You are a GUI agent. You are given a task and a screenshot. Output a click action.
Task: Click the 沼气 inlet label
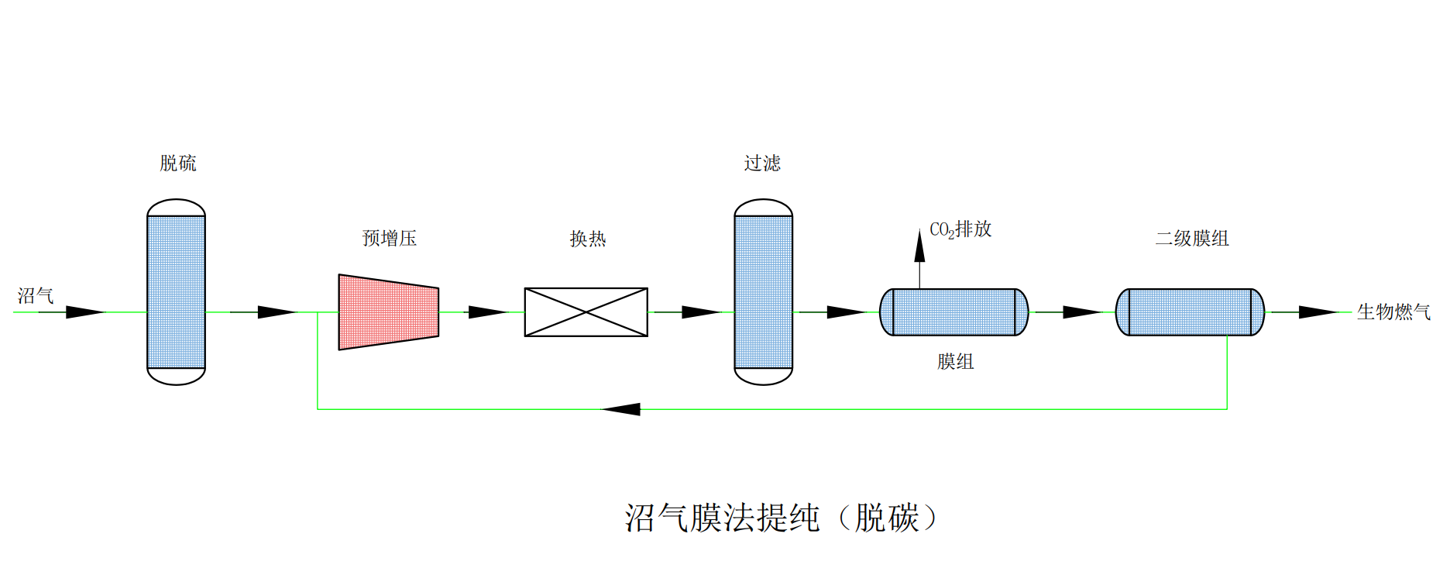pos(36,295)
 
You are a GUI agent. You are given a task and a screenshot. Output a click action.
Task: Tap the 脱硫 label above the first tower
pos(178,164)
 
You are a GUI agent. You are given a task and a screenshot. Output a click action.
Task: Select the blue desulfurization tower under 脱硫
pos(177,292)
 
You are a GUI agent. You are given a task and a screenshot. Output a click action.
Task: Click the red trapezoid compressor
pos(388,312)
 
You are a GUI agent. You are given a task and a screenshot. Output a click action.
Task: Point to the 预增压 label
pos(390,238)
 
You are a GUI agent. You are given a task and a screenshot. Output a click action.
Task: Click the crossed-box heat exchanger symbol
pos(586,312)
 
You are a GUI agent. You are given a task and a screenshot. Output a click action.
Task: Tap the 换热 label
pos(588,239)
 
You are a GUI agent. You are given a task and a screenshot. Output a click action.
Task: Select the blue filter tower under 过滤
pos(763,292)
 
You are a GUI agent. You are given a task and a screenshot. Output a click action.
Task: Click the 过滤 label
pos(762,164)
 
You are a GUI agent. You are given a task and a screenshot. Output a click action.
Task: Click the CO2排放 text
pos(960,229)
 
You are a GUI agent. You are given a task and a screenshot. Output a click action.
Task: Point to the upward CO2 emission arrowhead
pos(919,246)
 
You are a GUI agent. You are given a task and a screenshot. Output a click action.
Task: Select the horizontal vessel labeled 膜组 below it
pos(954,312)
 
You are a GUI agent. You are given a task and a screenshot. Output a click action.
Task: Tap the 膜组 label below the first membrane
pos(955,362)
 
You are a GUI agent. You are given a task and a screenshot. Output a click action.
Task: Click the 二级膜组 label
pos(1192,239)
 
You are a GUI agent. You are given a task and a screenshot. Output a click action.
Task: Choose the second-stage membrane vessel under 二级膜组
pos(1190,312)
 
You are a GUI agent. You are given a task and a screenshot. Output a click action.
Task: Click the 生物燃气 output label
pos(1393,312)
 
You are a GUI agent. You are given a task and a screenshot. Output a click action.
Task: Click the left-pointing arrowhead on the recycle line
pos(622,409)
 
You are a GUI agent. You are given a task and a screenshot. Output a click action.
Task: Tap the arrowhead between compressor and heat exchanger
pos(486,312)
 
